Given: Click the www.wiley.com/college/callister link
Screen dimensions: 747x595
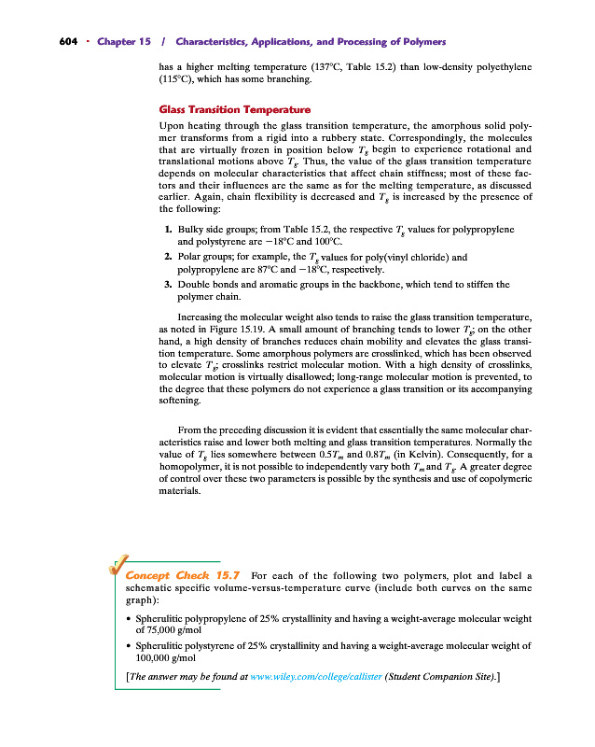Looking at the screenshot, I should click(x=311, y=677).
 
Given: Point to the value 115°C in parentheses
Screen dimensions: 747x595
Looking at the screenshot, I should click(x=176, y=80).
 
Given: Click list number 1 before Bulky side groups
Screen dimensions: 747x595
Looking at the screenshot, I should click(x=167, y=229).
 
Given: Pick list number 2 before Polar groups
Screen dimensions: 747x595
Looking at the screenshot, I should click(x=167, y=256).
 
